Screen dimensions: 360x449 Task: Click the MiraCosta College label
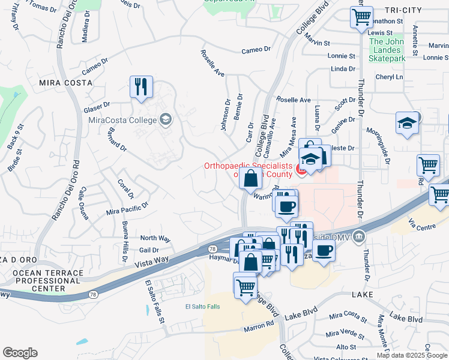122,119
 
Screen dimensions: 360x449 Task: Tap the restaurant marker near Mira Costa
141,86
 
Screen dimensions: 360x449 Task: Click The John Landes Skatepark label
387,50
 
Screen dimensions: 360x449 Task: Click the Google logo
20,353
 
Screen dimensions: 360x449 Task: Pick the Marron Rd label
259,325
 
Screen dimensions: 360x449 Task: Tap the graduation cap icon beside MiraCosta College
165,119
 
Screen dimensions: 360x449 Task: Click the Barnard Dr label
117,138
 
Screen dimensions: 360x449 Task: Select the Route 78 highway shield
212,248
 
